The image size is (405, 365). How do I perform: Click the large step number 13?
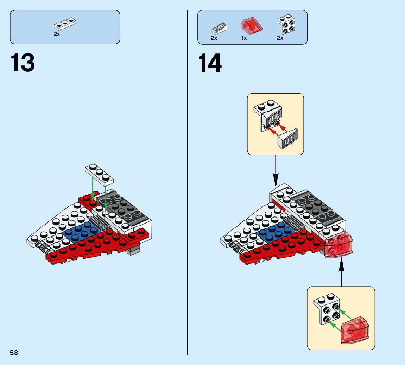pyautogui.click(x=23, y=63)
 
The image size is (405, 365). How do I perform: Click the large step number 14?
pyautogui.click(x=210, y=63)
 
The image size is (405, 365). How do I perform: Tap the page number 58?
pyautogui.click(x=14, y=353)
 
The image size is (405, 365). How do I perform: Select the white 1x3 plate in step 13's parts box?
pyautogui.click(x=65, y=24)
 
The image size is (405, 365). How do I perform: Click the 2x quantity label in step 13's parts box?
pyautogui.click(x=57, y=34)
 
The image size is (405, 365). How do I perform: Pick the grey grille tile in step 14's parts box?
pyautogui.click(x=219, y=27)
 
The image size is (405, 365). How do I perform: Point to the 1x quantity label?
pyautogui.click(x=244, y=38)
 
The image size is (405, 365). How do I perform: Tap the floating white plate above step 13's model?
pyautogui.click(x=100, y=174)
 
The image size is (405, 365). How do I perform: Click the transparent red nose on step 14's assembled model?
pyautogui.click(x=338, y=245)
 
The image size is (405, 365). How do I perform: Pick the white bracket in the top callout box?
pyautogui.click(x=267, y=115)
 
